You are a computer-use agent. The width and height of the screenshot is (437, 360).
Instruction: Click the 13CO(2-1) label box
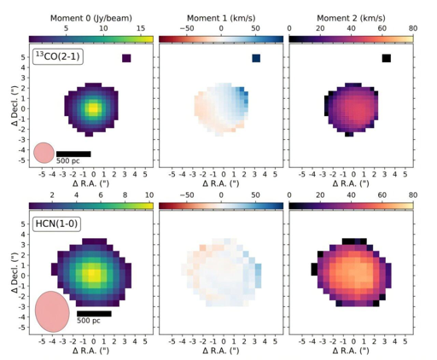click(56, 57)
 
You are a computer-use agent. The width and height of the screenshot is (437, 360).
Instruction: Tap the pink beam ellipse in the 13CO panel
click(44, 154)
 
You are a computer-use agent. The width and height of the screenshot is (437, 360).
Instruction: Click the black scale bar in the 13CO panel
click(73, 154)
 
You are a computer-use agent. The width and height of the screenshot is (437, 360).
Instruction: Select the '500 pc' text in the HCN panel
click(89, 322)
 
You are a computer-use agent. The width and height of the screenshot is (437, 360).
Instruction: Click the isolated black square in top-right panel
click(386, 58)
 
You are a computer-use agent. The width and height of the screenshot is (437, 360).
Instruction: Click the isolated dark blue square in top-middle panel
click(256, 58)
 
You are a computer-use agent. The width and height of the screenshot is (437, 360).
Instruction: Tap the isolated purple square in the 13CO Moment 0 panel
click(126, 58)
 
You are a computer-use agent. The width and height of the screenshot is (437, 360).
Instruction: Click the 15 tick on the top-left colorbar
click(141, 28)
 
